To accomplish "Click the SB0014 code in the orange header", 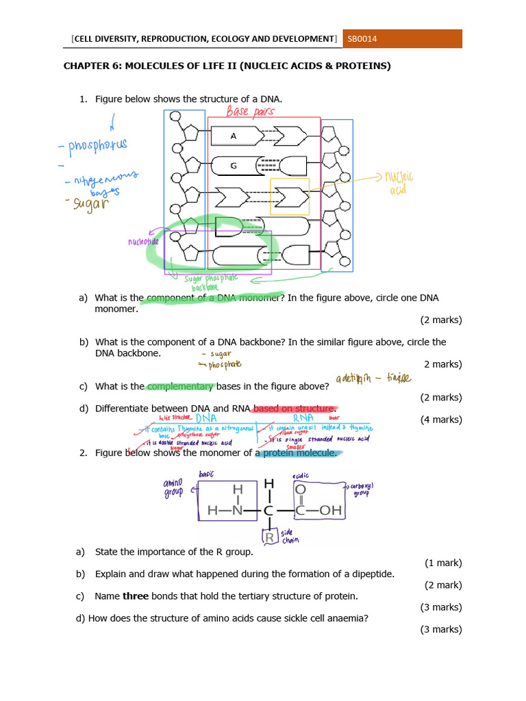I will (x=362, y=39).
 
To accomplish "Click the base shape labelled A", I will (x=234, y=136).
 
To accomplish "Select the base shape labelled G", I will (x=234, y=165).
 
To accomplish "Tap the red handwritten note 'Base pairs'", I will (x=251, y=110).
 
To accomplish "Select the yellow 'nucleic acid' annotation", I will (x=399, y=183).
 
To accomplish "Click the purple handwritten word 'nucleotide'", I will (x=142, y=242).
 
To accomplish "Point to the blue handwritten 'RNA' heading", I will (x=303, y=417).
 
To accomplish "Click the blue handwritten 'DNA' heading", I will (x=206, y=418).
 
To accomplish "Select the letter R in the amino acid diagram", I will (x=270, y=537).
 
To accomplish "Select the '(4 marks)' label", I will (x=441, y=420).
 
